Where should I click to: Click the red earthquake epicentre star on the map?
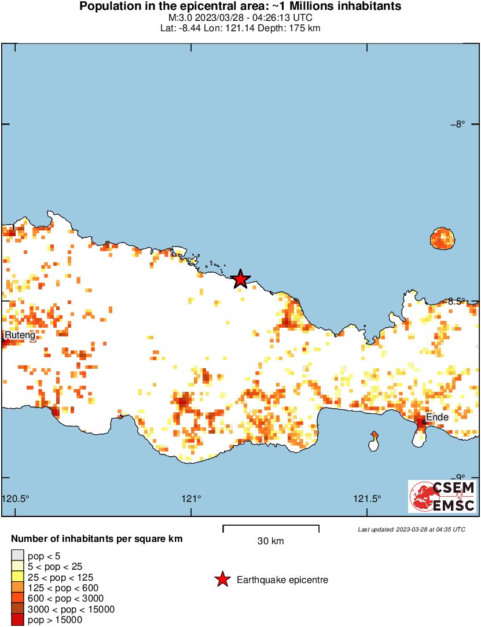point(241,279)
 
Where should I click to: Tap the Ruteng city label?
point(20,335)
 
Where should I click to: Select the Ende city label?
point(437,417)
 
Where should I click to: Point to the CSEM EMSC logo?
point(442,496)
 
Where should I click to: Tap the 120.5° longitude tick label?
point(16,498)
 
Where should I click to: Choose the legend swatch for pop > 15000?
point(18,620)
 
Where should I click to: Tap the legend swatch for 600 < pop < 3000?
point(18,599)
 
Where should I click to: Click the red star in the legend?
point(222,580)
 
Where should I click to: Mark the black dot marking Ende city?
point(424,422)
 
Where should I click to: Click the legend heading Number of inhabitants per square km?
point(97,539)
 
